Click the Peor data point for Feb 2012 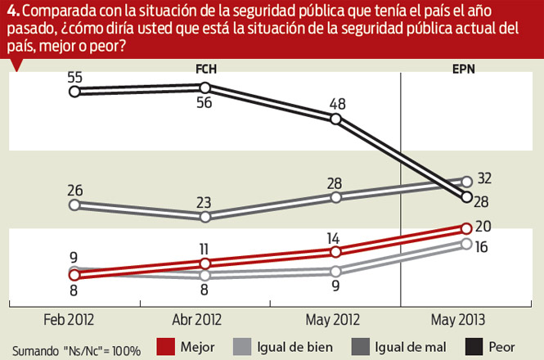[74, 92]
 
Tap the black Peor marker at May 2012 [335, 119]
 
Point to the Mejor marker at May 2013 [466, 228]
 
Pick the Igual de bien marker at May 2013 [466, 243]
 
